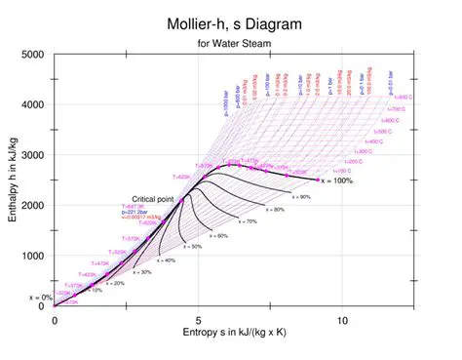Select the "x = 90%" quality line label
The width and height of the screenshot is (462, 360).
coord(298,197)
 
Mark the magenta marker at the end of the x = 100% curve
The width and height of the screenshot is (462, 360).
coord(318,180)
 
